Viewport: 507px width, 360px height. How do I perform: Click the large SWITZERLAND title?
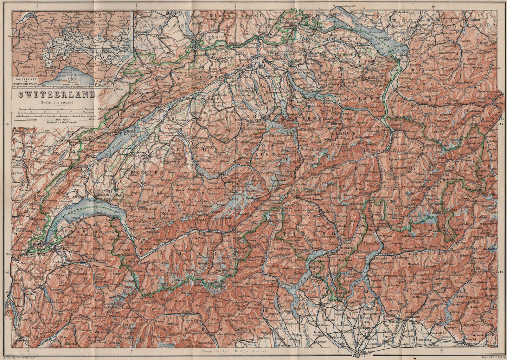click(x=57, y=94)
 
